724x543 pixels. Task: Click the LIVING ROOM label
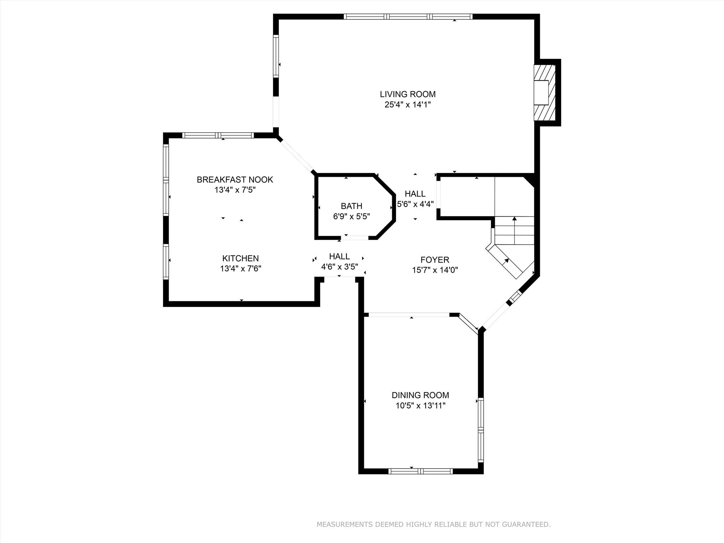(408, 94)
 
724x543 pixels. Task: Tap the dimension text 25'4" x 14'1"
(408, 105)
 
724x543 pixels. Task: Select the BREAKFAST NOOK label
(235, 180)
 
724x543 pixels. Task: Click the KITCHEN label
(240, 258)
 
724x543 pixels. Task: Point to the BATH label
(351, 206)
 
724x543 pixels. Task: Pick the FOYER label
(435, 260)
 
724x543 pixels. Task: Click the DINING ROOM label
(420, 395)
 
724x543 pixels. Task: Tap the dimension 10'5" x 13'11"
(420, 405)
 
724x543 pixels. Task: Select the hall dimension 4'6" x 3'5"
(339, 267)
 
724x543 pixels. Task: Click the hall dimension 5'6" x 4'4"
(415, 204)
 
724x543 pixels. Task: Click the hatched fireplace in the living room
(544, 93)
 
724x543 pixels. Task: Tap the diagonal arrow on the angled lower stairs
(506, 261)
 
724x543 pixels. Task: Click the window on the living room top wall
(408, 16)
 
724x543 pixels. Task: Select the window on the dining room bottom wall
(420, 471)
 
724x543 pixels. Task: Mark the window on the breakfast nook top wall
(218, 135)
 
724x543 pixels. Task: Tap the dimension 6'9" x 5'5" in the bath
(351, 216)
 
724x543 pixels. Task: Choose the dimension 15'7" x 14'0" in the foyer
(435, 270)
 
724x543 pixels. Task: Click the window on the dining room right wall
(481, 430)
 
